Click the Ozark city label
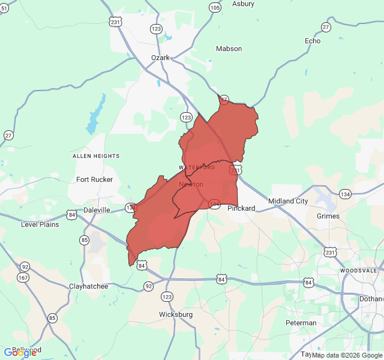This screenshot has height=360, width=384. (160, 58)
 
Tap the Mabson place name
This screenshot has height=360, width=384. (229, 49)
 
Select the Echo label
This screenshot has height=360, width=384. (313, 41)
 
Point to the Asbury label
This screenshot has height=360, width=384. (243, 4)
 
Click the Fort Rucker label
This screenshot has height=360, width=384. (94, 179)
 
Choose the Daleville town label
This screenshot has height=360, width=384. (97, 210)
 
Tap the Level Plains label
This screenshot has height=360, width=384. (40, 224)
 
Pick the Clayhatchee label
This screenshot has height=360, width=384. (88, 286)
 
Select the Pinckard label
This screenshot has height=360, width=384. (241, 208)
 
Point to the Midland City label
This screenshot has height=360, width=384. (288, 201)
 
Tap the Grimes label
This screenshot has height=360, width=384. (328, 216)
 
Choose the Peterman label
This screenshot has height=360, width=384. (301, 323)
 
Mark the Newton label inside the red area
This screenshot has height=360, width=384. (191, 184)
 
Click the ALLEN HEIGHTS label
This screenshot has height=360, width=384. (96, 156)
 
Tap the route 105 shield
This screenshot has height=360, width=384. (215, 8)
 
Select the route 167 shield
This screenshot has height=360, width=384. (23, 277)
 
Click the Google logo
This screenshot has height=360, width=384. (20, 353)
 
